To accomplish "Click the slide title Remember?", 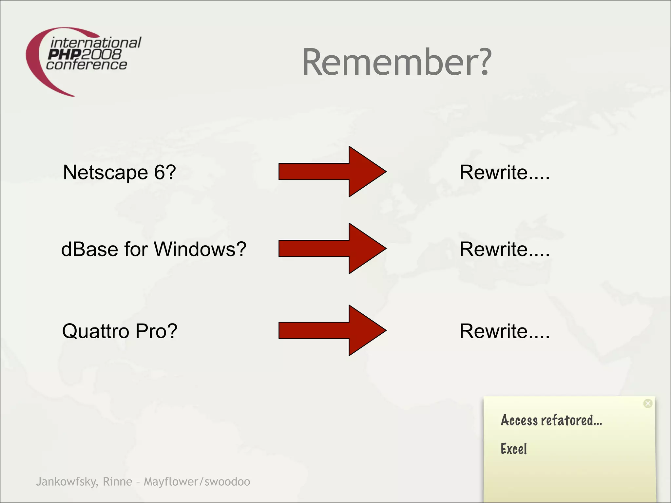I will (x=396, y=62).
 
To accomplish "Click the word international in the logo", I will (x=96, y=43).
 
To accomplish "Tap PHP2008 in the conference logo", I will (x=85, y=54).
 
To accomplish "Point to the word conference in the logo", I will (x=86, y=65).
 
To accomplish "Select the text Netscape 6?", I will (x=119, y=172).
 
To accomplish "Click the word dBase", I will (x=90, y=249).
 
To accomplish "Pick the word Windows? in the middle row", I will (x=200, y=249).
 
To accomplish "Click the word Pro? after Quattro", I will (x=156, y=331).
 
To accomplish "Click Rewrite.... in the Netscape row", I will (x=504, y=172).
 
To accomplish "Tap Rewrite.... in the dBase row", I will (x=504, y=249).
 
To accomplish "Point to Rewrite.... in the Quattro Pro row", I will (x=504, y=331).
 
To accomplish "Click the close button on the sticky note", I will (x=648, y=403).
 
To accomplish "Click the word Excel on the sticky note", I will (x=513, y=449).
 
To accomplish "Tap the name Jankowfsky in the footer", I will (x=67, y=482).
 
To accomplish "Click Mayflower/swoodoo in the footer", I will (x=197, y=482).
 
